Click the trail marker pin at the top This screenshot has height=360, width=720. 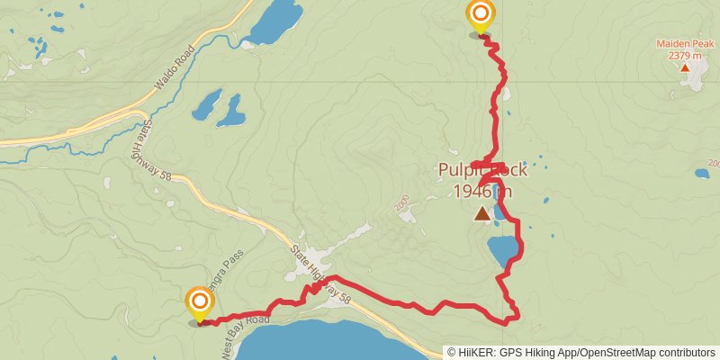click(481, 15)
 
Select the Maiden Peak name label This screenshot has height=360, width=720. click(685, 43)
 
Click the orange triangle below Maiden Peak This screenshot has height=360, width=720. click(685, 67)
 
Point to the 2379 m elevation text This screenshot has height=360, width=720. click(685, 56)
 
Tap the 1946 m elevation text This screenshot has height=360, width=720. click(482, 191)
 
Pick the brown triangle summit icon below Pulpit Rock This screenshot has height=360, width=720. click(482, 213)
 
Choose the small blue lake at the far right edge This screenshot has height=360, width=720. click(701, 174)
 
